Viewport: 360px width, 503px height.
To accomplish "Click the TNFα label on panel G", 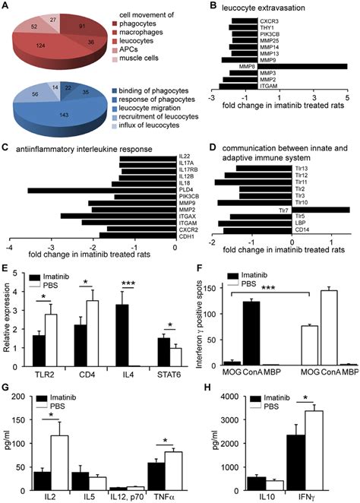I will (163, 492).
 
